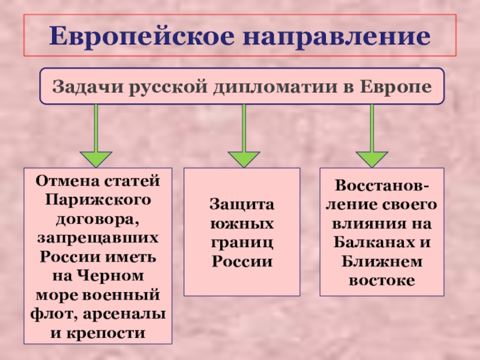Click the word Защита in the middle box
click(x=241, y=205)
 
